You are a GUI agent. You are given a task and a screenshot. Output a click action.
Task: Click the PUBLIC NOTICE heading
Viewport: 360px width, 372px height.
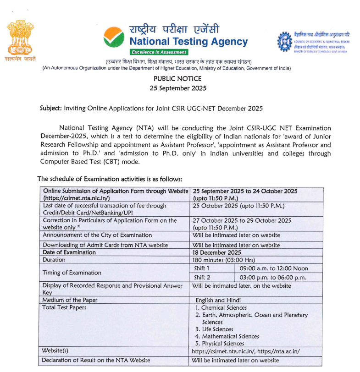pos(178,79)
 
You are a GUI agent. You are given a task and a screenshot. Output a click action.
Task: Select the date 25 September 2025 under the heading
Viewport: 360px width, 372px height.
pos(178,88)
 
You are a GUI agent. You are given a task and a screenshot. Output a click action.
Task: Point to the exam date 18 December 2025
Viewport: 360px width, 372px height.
pos(216,252)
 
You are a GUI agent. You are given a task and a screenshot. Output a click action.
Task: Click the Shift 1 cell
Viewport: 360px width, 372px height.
pos(202,268)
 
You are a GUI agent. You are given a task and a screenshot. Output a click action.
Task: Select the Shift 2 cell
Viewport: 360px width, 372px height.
pos(202,277)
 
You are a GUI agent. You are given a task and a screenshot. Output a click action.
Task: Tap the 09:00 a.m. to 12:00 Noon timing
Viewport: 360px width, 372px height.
pos(274,268)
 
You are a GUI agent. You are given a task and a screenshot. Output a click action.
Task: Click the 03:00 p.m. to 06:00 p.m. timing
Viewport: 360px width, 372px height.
pos(273,277)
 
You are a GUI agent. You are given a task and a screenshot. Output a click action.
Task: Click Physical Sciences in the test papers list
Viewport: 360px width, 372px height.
pos(222,343)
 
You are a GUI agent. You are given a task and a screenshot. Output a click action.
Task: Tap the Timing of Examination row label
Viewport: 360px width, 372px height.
pos(72,273)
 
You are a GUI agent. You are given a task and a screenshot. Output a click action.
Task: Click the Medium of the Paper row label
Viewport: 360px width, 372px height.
pos(70,300)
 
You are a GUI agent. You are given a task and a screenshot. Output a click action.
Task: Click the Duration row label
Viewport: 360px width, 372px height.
pos(54,260)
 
